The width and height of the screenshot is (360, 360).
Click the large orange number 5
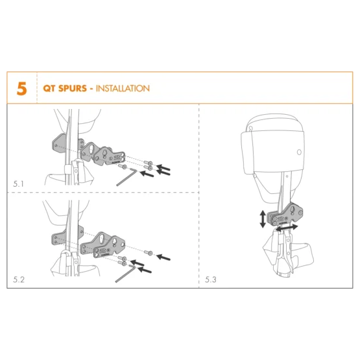pyautogui.click(x=22, y=89)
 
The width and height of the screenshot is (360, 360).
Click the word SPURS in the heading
pyautogui.click(x=73, y=88)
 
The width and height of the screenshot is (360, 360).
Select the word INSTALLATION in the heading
pyautogui.click(x=123, y=88)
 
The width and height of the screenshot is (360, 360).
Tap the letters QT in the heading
pyautogui.click(x=49, y=88)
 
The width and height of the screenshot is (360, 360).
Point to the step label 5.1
pyautogui.click(x=18, y=184)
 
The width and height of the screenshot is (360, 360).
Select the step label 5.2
pyautogui.click(x=19, y=280)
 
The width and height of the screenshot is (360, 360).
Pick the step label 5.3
pyautogui.click(x=211, y=280)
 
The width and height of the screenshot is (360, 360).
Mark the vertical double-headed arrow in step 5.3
pyautogui.click(x=263, y=219)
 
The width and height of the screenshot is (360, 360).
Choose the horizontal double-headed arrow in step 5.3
pyautogui.click(x=287, y=228)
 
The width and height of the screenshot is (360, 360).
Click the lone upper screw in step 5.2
pyautogui.click(x=149, y=253)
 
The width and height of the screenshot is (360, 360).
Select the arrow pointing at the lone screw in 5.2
pyautogui.click(x=163, y=257)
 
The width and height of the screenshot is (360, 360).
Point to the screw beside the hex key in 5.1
pyautogui.click(x=123, y=167)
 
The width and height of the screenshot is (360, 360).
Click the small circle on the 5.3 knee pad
pyautogui.click(x=299, y=152)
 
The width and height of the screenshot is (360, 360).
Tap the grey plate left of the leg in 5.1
pyautogui.click(x=59, y=144)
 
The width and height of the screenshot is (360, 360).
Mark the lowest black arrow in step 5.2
pyautogui.click(x=145, y=270)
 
